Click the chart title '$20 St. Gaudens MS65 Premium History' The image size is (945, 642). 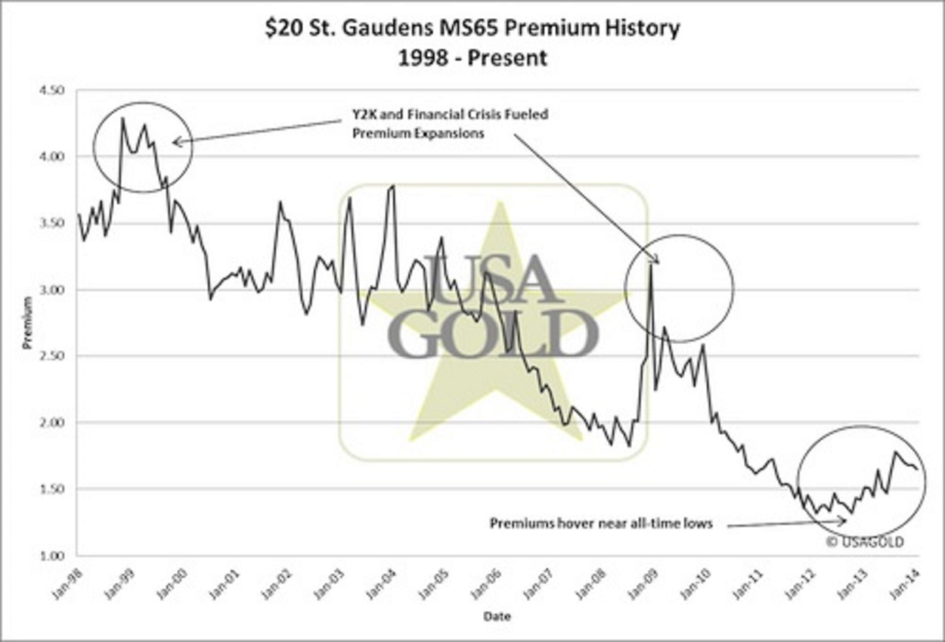[472, 29]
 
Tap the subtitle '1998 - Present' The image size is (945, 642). [472, 57]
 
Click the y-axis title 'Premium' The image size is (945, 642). [27, 323]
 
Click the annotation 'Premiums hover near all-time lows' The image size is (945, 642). [601, 523]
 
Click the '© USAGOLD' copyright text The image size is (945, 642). [864, 541]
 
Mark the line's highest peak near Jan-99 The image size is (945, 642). [122, 118]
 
